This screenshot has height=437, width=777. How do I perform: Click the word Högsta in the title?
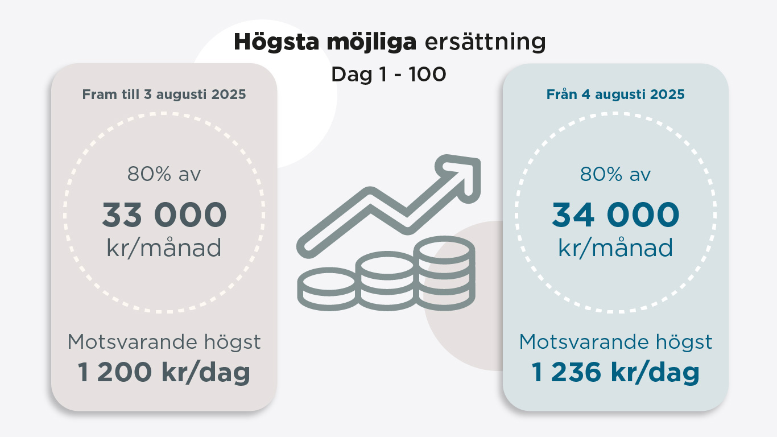(x=276, y=42)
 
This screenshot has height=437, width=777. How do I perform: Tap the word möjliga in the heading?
(x=371, y=42)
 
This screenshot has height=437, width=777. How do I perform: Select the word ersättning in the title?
(x=485, y=42)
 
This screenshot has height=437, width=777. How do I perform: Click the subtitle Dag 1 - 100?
(x=388, y=74)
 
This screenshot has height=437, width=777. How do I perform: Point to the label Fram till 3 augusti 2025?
(x=164, y=94)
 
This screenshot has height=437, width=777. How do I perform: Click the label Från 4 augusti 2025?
(x=615, y=94)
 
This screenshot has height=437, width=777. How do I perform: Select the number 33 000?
(x=164, y=215)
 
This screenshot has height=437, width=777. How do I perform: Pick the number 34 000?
(x=615, y=215)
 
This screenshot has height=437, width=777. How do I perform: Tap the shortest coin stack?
(x=327, y=289)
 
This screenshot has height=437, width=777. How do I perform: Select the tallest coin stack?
(x=445, y=273)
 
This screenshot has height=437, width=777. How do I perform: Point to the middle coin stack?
(x=387, y=281)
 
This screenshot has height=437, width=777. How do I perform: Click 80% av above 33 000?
(x=164, y=174)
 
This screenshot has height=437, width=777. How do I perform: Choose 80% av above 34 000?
(x=615, y=174)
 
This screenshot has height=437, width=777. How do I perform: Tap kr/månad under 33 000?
(x=164, y=248)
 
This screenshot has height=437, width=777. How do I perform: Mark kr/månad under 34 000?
(x=615, y=248)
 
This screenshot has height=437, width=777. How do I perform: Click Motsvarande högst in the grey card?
(x=164, y=343)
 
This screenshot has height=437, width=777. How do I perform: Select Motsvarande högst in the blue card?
(x=615, y=343)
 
